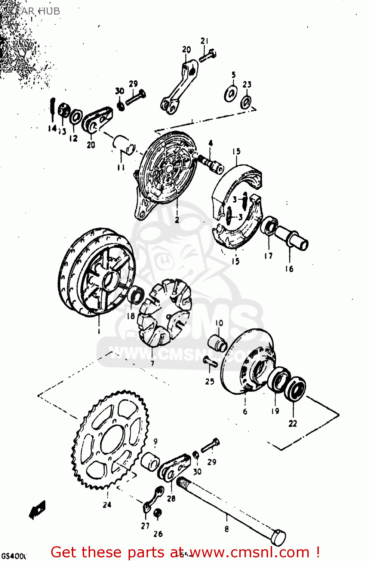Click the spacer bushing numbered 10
click(218, 343)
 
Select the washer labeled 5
click(231, 93)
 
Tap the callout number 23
click(247, 85)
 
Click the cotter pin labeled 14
click(53, 108)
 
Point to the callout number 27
click(145, 525)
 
